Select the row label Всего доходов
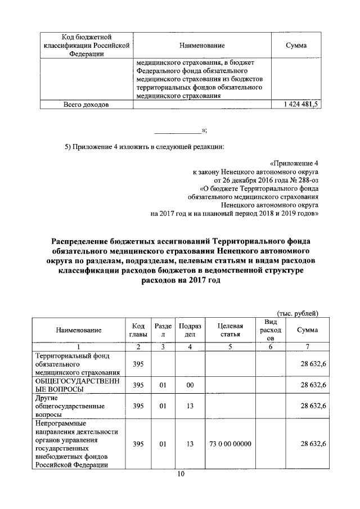(86, 105)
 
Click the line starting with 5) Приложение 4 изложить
(144, 147)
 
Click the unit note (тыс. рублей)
(298, 313)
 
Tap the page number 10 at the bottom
(181, 474)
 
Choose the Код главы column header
(138, 330)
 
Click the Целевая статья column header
(230, 330)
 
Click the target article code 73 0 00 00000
(230, 444)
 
